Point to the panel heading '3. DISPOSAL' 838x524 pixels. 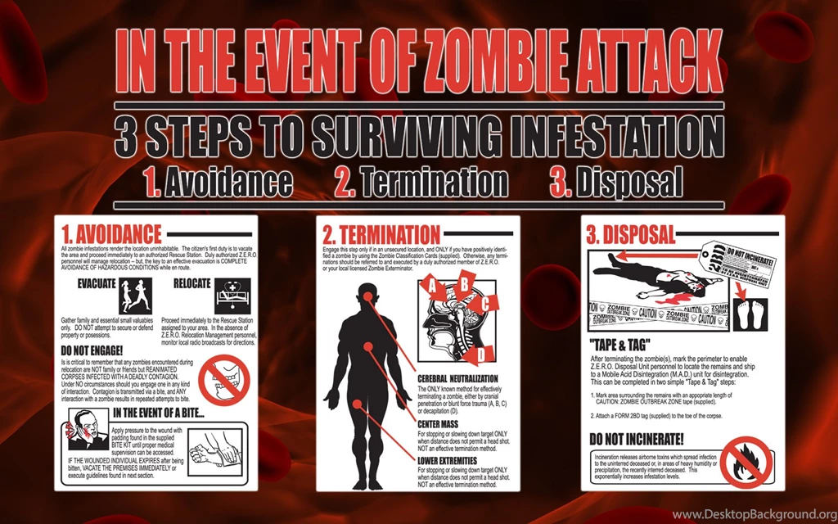click(631, 235)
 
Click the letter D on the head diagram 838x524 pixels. click(482, 354)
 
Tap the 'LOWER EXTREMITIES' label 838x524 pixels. click(449, 460)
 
